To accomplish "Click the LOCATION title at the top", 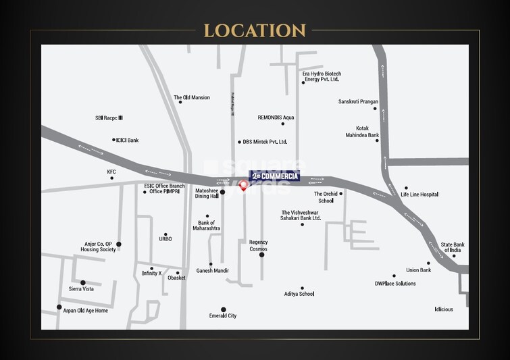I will point(255,30).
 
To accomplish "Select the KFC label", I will point(111,172).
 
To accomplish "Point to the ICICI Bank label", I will point(127,140).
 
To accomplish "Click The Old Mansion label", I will point(192,97).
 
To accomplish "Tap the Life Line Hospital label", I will point(419,195).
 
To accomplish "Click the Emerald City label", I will point(223,315).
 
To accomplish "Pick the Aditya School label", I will point(299,294).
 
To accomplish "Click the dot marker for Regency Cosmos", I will point(262,255).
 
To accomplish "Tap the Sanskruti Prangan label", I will point(358,101).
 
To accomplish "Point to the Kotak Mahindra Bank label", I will point(367,131).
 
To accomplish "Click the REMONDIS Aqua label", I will point(276,117).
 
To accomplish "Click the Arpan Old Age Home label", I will point(86,311).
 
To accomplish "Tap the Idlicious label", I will point(444,309).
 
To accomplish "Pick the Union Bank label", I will point(419,270).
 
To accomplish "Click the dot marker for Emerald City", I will point(224,309).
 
